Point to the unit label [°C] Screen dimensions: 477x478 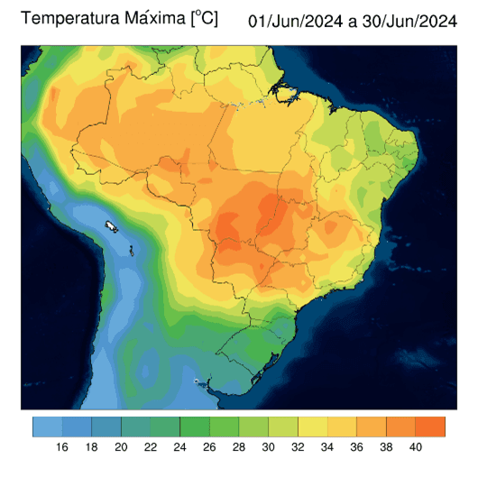point(204,18)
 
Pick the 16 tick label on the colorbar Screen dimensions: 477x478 point(62,447)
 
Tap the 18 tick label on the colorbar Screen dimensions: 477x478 point(92,447)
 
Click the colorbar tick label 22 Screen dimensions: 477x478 point(151,447)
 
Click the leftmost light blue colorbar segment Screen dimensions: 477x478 point(47,426)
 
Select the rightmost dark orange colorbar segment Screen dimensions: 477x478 point(431,426)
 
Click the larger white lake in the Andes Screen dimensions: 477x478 point(112,225)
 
